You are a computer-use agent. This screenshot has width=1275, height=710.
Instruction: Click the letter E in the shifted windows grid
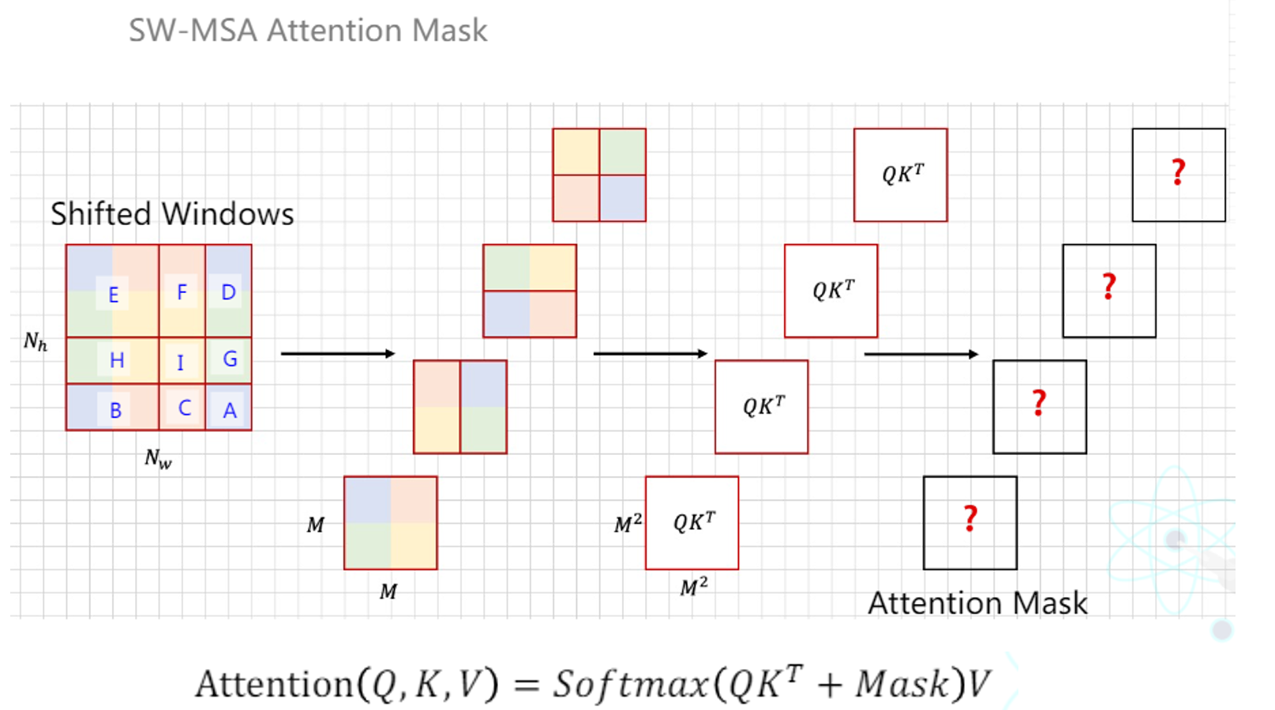click(x=113, y=295)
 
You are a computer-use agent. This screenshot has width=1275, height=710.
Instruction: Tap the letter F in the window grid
click(x=182, y=292)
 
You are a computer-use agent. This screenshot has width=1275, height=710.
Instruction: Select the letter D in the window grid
click(x=228, y=292)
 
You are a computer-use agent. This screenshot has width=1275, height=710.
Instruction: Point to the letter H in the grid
click(x=117, y=360)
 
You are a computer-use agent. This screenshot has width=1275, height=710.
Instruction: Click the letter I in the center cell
click(x=180, y=363)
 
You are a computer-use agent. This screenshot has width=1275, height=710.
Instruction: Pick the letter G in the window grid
click(x=230, y=359)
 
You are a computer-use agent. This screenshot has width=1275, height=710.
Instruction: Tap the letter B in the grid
click(x=115, y=411)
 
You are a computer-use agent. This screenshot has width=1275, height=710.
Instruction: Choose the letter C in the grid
click(x=184, y=408)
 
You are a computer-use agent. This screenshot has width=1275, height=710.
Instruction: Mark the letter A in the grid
click(x=230, y=411)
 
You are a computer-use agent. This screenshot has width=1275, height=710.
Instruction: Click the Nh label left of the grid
click(x=36, y=341)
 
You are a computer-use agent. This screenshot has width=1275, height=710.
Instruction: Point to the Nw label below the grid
click(x=158, y=459)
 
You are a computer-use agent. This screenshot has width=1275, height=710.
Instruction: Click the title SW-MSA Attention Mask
click(x=308, y=31)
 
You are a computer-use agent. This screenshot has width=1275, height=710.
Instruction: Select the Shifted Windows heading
click(x=172, y=214)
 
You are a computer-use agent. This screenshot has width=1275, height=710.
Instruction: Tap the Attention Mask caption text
click(x=977, y=603)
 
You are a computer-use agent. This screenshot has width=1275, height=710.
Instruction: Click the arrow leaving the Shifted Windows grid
click(x=337, y=353)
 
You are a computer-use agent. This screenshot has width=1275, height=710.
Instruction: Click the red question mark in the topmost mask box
click(x=1179, y=172)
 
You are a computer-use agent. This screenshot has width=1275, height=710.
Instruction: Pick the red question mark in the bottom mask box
click(x=970, y=519)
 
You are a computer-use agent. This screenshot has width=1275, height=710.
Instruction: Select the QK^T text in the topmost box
click(x=902, y=174)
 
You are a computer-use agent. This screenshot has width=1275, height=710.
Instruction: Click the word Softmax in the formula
click(x=630, y=684)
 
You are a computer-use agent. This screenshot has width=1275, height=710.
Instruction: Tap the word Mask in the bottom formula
click(x=903, y=684)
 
